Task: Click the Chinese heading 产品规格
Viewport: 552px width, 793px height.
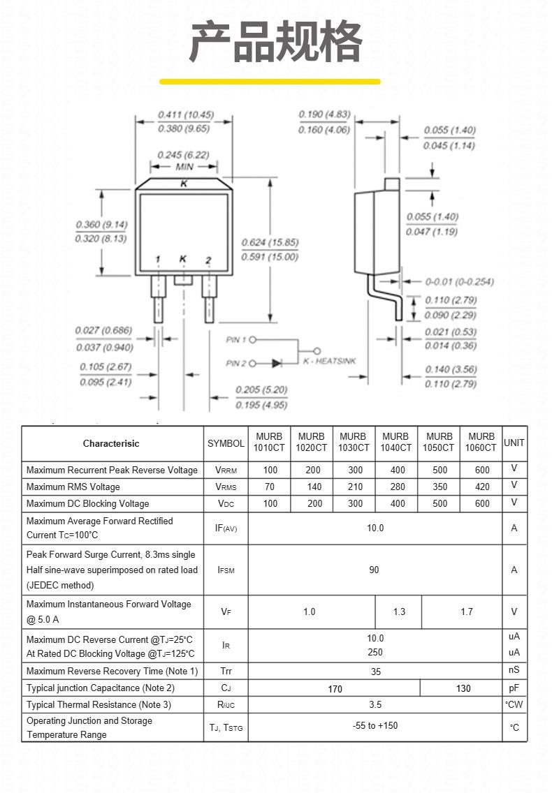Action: coord(276,41)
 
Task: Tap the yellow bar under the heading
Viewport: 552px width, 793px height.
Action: coord(270,82)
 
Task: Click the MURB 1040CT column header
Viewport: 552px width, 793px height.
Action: coord(395,442)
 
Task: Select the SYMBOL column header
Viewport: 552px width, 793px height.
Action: coord(226,443)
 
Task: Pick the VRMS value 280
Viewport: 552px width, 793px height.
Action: coord(398,487)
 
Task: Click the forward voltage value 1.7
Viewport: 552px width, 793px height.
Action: coord(467,612)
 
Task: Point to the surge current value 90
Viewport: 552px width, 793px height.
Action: coord(374,570)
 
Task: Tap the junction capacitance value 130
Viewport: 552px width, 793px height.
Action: coord(463,688)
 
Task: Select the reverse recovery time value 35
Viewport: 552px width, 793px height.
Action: coord(375,672)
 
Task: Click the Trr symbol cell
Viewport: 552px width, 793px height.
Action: coord(226,671)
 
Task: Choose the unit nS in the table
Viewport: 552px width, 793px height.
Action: coord(514,670)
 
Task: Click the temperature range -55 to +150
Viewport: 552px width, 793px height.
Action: coord(375,726)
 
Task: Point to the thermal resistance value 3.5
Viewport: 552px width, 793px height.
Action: coord(375,704)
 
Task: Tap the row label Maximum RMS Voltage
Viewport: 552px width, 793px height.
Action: coord(73,487)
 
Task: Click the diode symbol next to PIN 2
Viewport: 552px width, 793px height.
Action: coord(277,363)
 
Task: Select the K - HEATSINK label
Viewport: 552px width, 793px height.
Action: coord(330,361)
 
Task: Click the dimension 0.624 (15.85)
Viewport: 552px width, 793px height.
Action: coord(270,243)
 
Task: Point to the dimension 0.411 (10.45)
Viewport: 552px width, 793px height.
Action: coord(186,114)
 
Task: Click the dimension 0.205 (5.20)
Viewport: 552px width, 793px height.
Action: coord(261,390)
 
